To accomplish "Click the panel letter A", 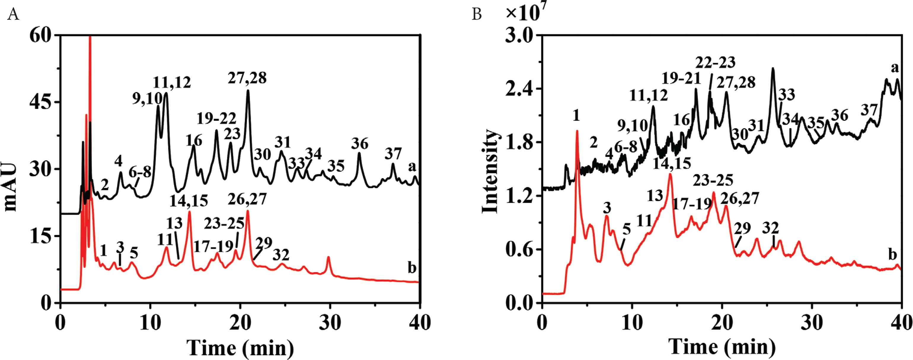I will point(13,15).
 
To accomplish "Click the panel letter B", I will point(477,15).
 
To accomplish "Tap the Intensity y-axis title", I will point(490,171).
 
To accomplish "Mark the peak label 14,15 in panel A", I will point(189,201).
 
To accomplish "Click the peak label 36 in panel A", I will point(360,143).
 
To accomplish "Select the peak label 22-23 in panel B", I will point(715,63).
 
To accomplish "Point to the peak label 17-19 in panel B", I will point(692,204).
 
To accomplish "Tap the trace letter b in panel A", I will point(411,268).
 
